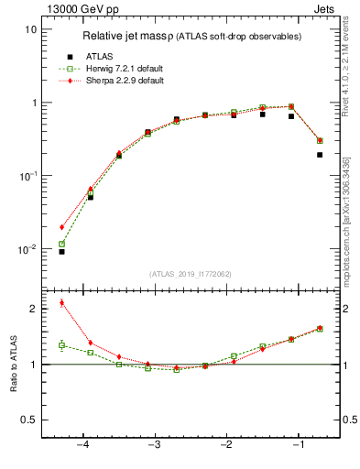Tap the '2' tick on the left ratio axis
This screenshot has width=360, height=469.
coord(32,309)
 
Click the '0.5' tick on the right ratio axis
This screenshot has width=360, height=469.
coord(348,420)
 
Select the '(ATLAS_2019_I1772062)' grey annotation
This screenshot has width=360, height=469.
coord(191,274)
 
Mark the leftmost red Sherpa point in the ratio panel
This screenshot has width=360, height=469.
coord(61,302)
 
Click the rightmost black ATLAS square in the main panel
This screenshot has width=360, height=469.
coord(320,155)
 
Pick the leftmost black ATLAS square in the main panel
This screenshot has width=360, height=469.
coord(61,251)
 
